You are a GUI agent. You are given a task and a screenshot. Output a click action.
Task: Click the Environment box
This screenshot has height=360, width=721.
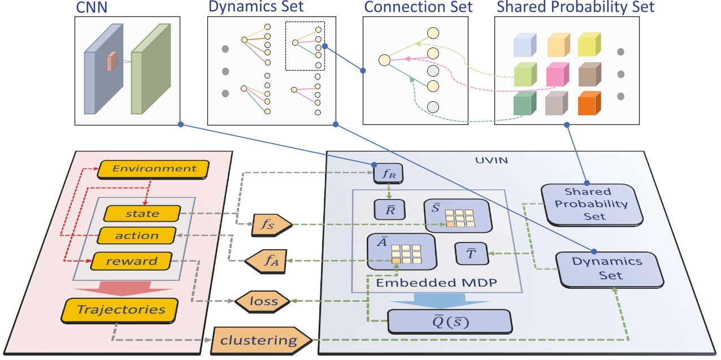click(x=154, y=168)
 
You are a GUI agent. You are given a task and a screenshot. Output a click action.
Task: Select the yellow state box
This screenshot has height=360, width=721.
click(x=142, y=213)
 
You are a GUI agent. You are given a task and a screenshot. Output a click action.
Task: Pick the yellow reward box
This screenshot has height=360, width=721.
click(x=132, y=261)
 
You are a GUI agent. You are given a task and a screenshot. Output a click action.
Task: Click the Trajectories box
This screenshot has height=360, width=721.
click(x=121, y=309)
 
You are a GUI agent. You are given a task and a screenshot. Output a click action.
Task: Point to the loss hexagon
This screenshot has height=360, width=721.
click(x=263, y=301)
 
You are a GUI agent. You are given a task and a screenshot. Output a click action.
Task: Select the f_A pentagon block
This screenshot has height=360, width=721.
click(x=266, y=261)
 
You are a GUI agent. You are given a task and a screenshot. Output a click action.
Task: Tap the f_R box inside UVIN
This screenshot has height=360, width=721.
click(x=386, y=173)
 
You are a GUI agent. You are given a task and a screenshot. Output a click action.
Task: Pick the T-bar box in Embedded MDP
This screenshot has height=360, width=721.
click(x=470, y=253)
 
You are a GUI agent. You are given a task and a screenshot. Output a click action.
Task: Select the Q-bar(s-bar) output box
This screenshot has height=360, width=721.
click(x=449, y=322)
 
